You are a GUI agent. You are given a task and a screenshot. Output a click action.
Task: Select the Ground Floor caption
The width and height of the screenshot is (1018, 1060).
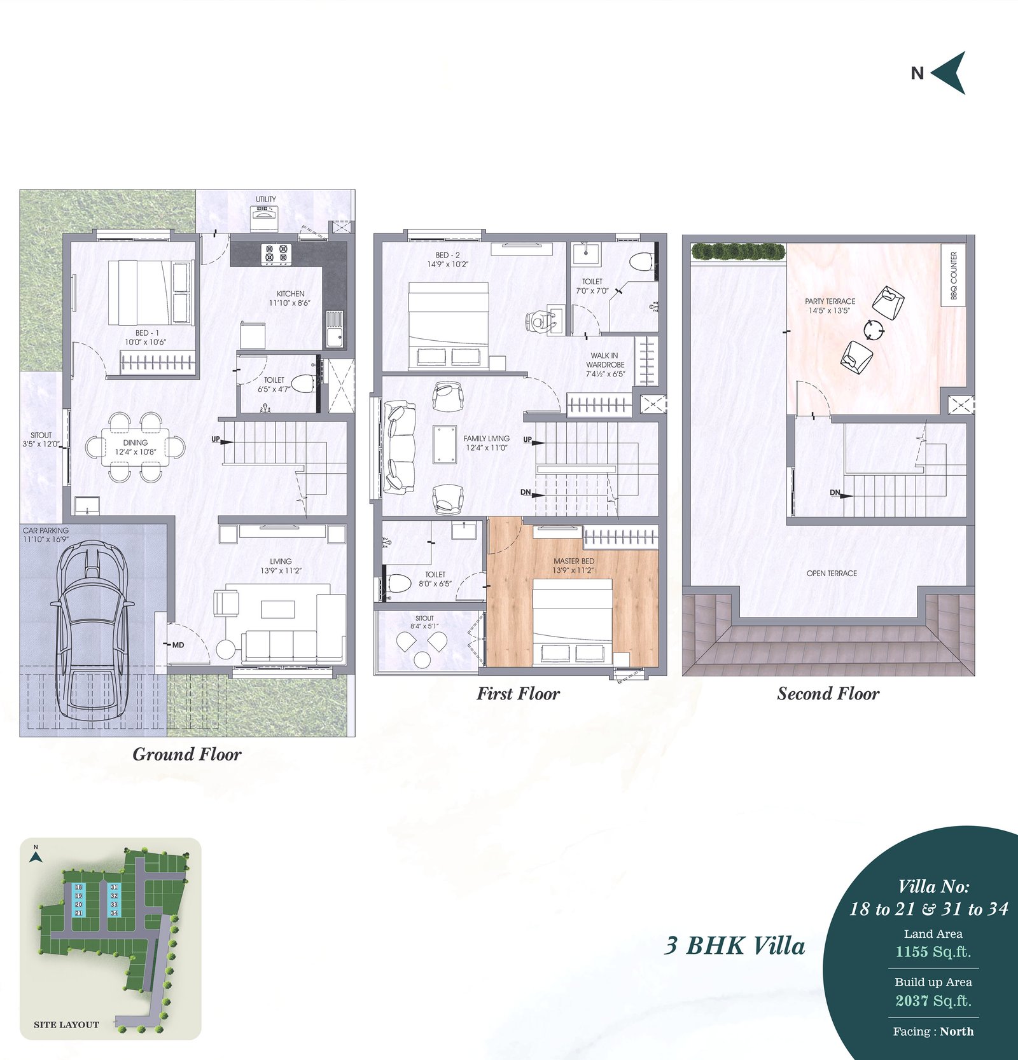187,754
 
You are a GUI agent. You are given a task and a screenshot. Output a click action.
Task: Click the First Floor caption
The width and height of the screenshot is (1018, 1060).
519,694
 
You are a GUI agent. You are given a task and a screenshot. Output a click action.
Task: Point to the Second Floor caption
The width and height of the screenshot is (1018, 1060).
828,694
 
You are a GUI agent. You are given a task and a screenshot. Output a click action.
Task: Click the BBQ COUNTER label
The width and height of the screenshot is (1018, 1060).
954,276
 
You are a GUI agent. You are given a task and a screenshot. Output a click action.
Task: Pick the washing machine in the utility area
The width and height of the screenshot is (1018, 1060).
266,219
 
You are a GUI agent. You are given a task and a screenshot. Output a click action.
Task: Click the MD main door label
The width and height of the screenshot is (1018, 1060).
178,645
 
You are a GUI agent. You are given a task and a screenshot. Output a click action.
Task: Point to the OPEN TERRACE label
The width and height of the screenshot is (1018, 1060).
832,574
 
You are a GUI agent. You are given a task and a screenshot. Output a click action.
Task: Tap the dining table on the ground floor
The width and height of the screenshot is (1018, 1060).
136,447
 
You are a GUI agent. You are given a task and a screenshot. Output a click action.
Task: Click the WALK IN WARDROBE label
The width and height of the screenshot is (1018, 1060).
605,360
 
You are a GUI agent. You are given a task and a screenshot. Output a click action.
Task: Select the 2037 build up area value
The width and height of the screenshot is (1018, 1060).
912,1001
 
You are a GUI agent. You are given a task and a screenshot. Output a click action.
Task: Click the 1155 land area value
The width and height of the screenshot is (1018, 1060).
912,952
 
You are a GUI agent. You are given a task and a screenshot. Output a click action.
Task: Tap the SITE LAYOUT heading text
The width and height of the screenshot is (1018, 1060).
66,1024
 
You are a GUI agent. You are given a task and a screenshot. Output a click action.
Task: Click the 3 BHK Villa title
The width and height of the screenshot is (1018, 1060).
735,946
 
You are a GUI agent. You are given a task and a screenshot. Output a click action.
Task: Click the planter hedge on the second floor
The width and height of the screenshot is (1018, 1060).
737,252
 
